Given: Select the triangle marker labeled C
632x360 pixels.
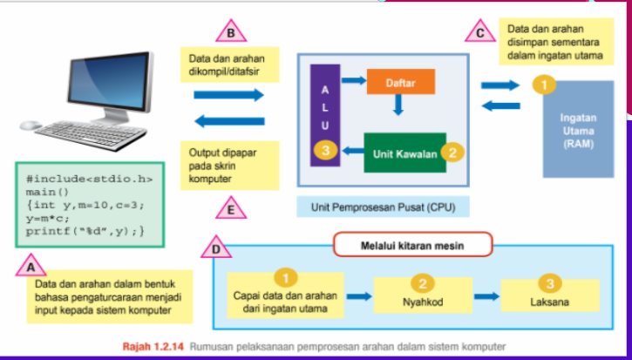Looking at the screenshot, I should pyautogui.click(x=481, y=34).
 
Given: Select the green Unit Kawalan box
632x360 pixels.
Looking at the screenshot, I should pyautogui.click(x=403, y=153).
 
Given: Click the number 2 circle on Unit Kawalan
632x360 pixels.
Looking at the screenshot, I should pyautogui.click(x=452, y=152).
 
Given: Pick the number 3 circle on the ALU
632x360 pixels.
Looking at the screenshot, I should pyautogui.click(x=324, y=152).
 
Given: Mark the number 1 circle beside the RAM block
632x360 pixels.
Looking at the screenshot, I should pyautogui.click(x=543, y=85).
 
